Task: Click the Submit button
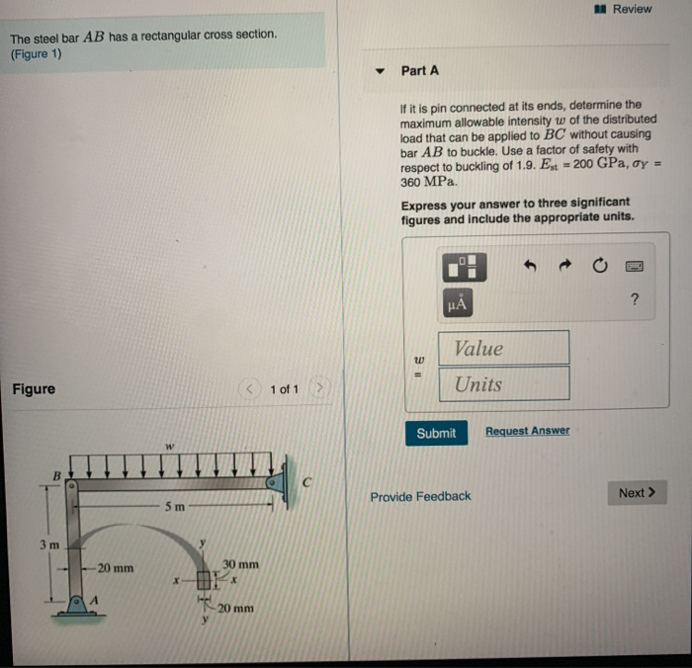(x=436, y=433)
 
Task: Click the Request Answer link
(x=527, y=431)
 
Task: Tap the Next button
(x=637, y=493)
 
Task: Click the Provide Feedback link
(x=420, y=496)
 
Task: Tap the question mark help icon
(x=634, y=299)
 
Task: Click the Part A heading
(x=420, y=70)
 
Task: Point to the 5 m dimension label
(x=174, y=507)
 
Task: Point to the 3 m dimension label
(x=48, y=544)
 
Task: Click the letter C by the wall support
(x=307, y=482)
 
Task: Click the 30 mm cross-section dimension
(x=240, y=564)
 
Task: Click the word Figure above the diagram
(x=34, y=388)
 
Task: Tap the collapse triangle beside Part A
(x=380, y=71)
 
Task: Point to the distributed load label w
(x=169, y=446)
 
